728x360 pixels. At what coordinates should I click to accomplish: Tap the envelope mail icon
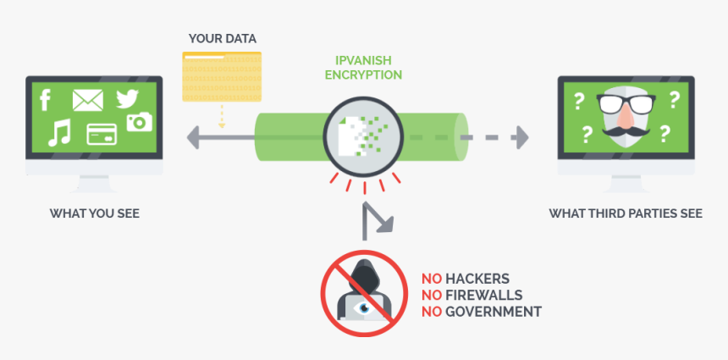click(x=87, y=101)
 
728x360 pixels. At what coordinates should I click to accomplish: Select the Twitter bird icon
click(x=127, y=99)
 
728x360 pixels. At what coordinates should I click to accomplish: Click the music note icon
click(x=58, y=132)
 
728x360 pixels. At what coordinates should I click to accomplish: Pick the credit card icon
click(x=102, y=134)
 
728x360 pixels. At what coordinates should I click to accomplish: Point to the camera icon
click(x=139, y=122)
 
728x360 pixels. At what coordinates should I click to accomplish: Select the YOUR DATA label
click(x=223, y=39)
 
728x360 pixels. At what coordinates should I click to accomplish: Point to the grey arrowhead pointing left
click(x=194, y=135)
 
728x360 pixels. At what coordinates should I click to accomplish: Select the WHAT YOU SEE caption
click(x=95, y=213)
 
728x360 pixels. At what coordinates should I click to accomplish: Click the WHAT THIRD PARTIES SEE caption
click(x=626, y=213)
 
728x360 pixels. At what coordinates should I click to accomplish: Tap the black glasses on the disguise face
click(x=626, y=103)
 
